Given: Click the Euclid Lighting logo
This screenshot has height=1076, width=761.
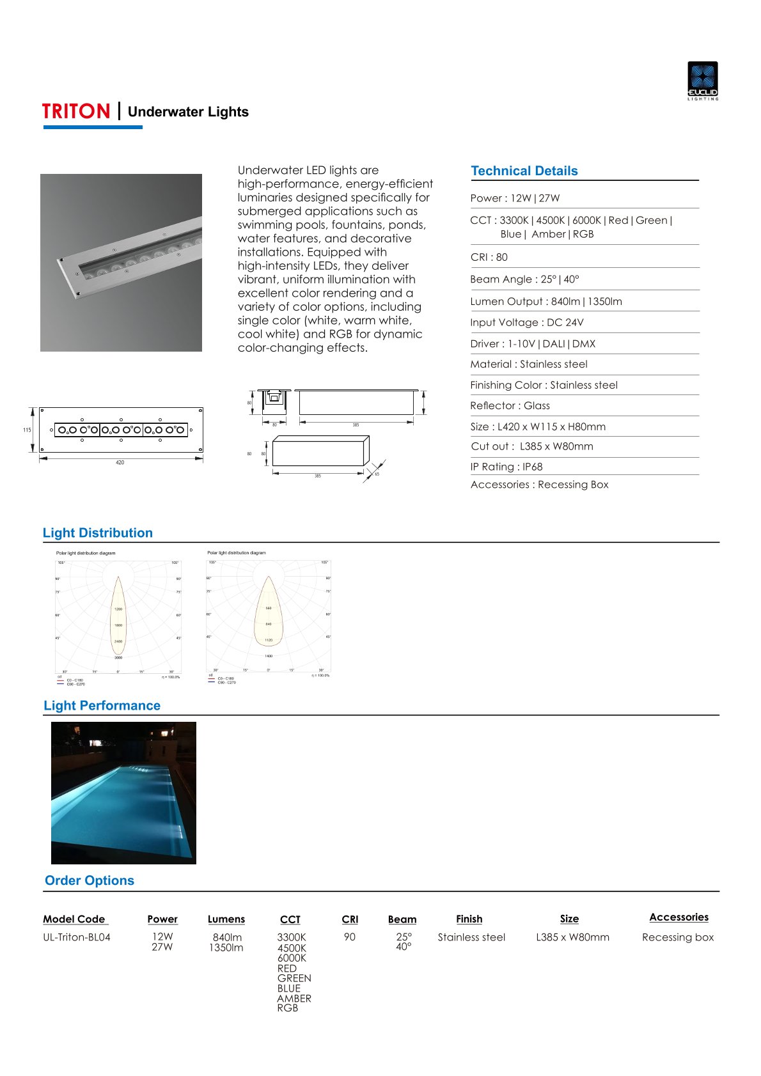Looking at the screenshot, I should pos(702,80).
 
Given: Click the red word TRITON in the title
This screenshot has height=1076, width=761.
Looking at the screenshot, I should pos(76,111).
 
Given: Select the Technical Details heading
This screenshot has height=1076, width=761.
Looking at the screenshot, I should pos(524,171).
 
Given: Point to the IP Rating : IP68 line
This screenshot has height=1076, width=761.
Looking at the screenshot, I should pos(506,467).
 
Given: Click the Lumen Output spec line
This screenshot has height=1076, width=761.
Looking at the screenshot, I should pos(545,301).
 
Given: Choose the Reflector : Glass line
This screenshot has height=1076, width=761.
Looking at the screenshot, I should pos(510,405).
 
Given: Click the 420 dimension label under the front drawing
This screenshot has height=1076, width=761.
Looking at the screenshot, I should pos(120,462).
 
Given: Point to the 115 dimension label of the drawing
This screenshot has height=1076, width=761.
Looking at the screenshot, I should pos(27,430).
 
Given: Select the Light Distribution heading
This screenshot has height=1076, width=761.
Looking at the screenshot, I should pos(98,533).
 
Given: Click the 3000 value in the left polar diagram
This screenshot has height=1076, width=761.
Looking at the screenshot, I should pos(118,657).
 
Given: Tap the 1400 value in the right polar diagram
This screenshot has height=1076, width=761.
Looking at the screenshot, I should pos(269,656).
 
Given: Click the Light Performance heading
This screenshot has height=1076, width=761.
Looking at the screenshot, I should pos(102,705).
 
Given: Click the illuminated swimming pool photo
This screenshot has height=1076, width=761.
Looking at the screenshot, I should pos(123,793).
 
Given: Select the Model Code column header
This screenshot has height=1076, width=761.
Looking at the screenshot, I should pos(74,919).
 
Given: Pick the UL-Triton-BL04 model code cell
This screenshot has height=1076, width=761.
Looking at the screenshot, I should pos(77,937).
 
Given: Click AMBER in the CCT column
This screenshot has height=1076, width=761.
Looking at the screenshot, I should pos(294,998).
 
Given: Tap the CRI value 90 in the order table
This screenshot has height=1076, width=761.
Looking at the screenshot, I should pos(349,937).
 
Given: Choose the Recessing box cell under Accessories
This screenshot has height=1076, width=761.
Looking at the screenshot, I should pos(678,937).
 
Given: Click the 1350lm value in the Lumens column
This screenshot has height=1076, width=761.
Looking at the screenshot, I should pos(226,947).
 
